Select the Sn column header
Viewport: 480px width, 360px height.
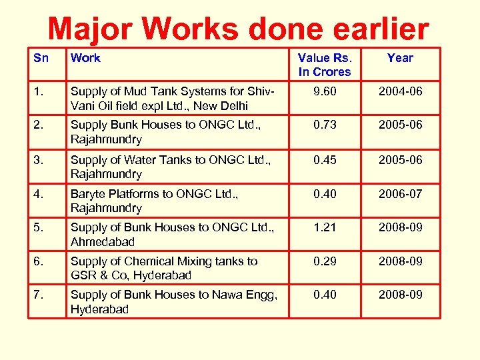point(41,58)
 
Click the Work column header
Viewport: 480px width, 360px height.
point(85,58)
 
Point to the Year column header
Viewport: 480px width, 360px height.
point(400,58)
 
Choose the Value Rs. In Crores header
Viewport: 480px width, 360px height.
point(325,65)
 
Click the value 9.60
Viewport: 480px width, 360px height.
point(325,91)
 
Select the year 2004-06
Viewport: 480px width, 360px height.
point(400,91)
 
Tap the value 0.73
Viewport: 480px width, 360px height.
point(325,125)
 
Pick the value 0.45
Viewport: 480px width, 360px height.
point(325,160)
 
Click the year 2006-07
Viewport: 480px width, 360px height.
point(400,194)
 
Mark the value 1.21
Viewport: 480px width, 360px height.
point(325,227)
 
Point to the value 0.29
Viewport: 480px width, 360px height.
point(325,261)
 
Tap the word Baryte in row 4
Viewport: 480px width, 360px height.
point(88,194)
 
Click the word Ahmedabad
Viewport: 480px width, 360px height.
point(103,241)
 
